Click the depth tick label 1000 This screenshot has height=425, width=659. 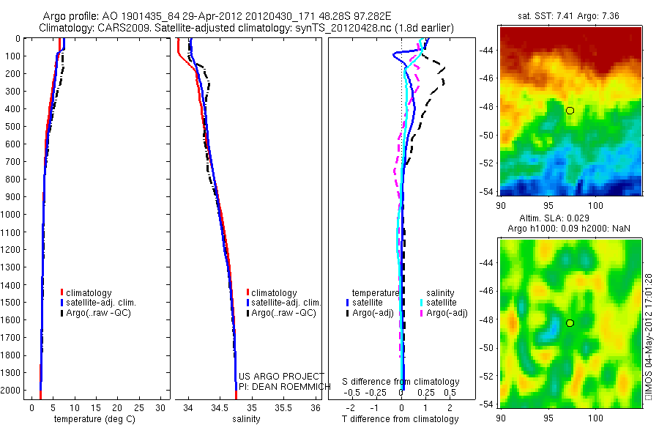[x=12, y=214]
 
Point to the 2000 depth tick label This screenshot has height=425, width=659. [x=12, y=391]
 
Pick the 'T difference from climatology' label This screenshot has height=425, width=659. [x=401, y=419]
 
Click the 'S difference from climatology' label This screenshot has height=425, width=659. [x=401, y=382]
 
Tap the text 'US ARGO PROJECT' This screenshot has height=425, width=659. [x=281, y=376]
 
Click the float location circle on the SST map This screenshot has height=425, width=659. [x=570, y=111]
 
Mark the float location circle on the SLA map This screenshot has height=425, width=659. [x=570, y=323]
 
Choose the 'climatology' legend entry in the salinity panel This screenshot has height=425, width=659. [x=274, y=292]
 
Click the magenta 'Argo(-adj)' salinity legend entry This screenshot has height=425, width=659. [x=447, y=313]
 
